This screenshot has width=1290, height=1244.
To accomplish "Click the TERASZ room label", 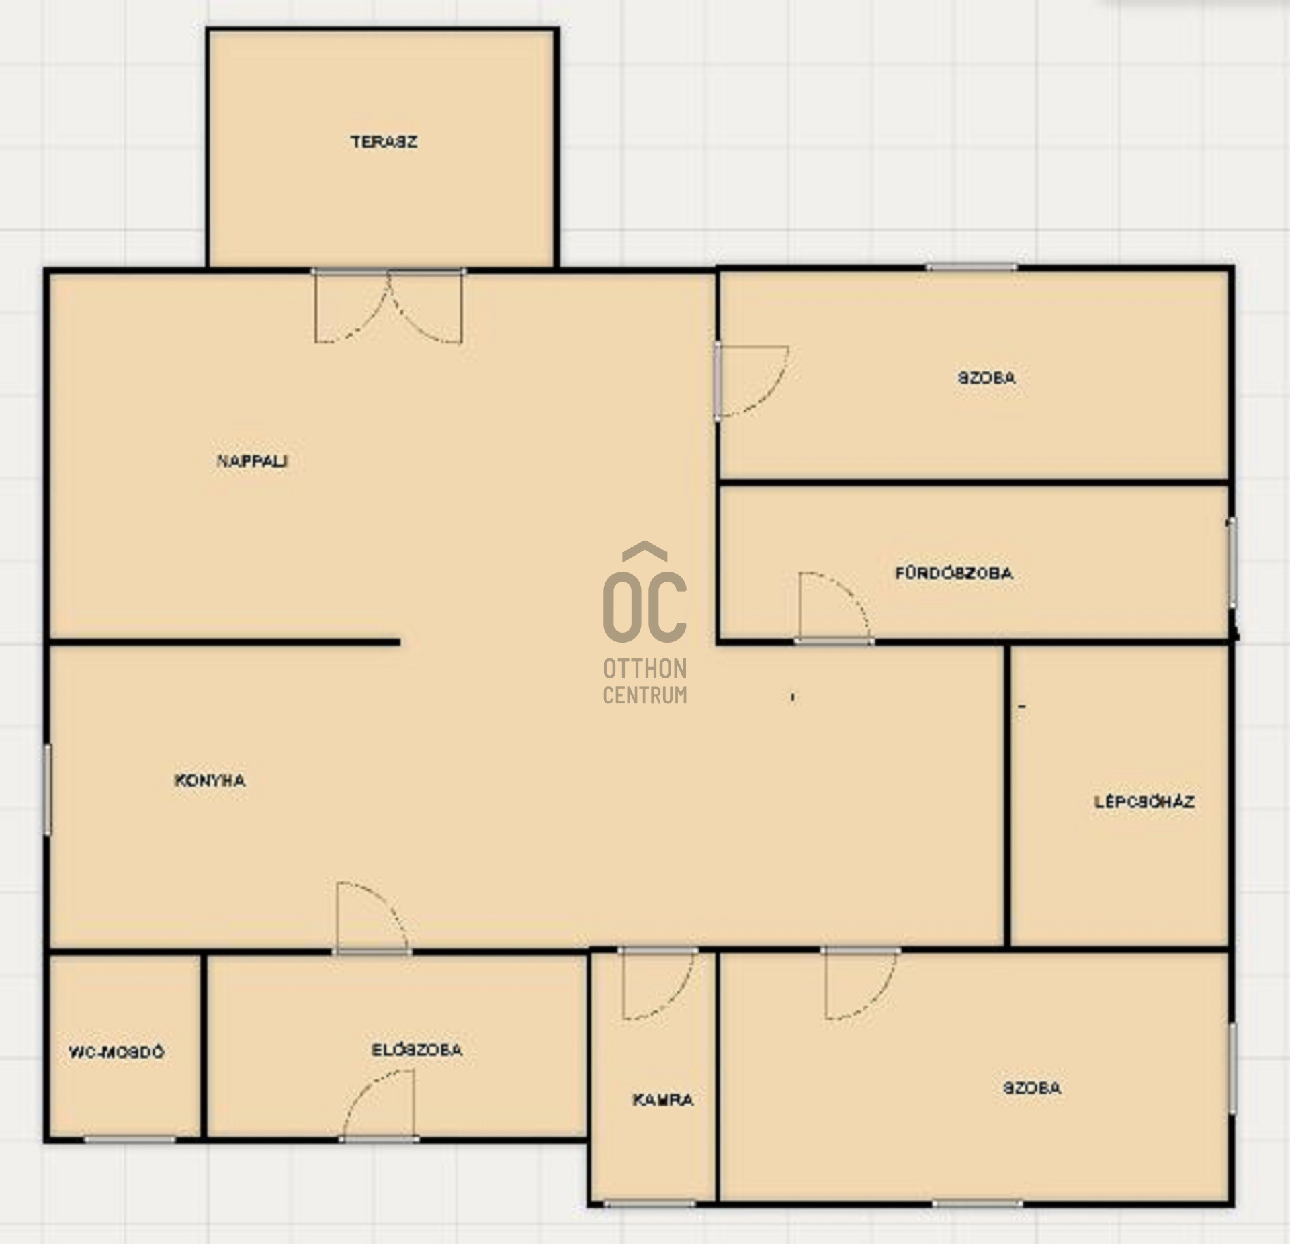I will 384,142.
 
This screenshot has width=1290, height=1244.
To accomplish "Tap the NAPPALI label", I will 253,461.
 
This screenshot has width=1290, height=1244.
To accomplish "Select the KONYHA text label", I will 210,781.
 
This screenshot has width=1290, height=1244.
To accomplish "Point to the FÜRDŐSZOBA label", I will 953,574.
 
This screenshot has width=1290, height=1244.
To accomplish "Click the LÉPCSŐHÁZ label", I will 1144,802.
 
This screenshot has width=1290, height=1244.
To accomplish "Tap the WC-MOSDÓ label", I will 116,1052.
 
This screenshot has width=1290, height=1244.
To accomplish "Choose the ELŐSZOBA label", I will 417,1050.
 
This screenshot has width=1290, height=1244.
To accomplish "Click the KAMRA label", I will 662,1100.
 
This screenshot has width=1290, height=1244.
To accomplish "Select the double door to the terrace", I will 388,306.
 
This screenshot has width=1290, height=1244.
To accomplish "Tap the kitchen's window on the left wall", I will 48,789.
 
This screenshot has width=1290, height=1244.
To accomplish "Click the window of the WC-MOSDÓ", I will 129,1139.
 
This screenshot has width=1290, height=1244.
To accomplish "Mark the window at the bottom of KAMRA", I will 649,1203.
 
